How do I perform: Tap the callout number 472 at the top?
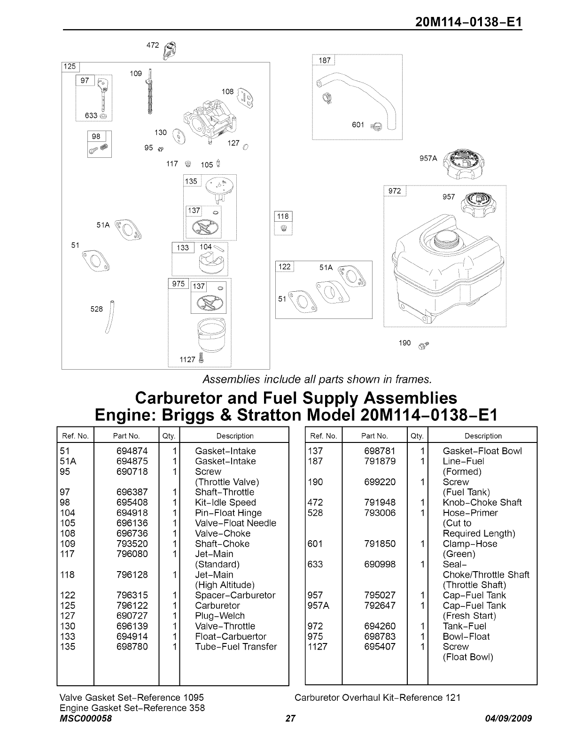[x=153, y=46]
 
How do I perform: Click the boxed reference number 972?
[x=395, y=191]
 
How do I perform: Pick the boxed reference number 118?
[x=283, y=217]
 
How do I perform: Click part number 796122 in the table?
[x=132, y=605]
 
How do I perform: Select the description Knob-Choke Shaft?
[x=482, y=503]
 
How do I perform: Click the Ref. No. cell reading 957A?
[x=319, y=605]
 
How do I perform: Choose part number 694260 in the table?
[x=380, y=626]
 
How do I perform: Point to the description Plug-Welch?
[x=220, y=616]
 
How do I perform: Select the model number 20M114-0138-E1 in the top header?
[x=469, y=23]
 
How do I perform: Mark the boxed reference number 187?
[x=325, y=60]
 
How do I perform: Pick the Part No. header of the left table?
[x=126, y=436]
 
